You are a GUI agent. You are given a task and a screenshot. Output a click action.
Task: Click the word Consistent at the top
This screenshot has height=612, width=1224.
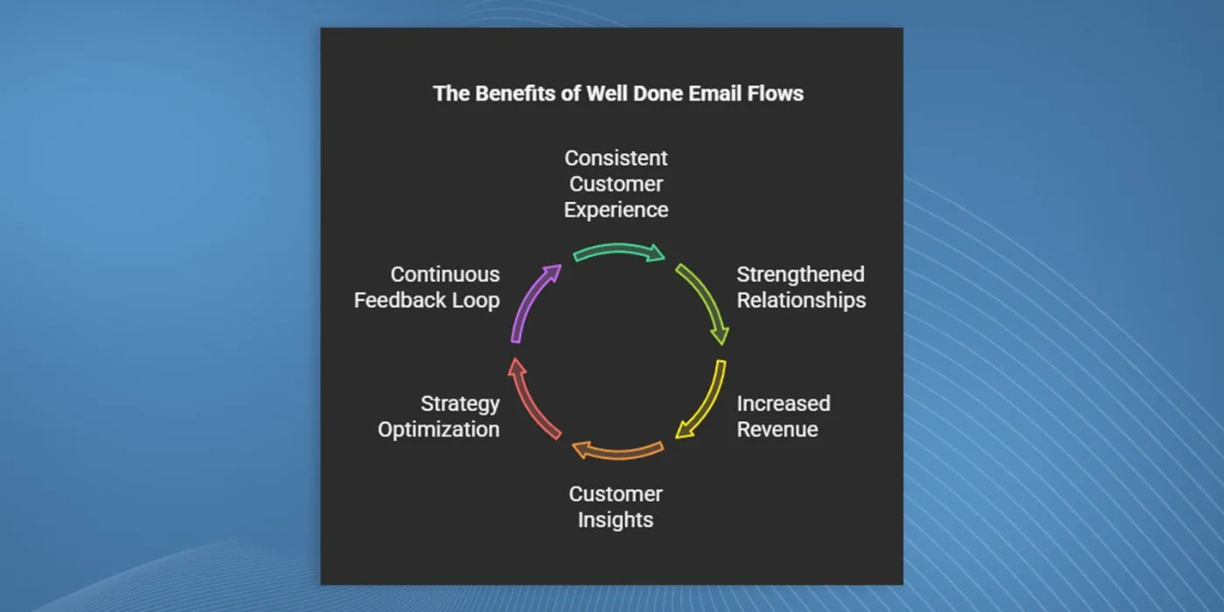click(x=615, y=158)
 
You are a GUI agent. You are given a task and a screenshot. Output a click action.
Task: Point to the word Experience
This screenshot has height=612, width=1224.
click(x=615, y=211)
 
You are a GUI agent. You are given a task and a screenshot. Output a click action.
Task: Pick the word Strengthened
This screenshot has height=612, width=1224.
click(x=801, y=275)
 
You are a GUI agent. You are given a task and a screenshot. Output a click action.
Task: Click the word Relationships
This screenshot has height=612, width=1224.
click(x=801, y=301)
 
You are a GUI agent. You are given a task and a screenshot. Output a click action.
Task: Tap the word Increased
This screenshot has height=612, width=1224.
click(x=783, y=403)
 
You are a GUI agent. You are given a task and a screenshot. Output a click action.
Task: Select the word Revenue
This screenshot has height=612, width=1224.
click(x=777, y=429)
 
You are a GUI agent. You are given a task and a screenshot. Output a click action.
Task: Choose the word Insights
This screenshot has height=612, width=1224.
click(x=615, y=520)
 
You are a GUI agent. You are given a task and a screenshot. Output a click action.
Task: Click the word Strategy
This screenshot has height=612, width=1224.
click(x=460, y=404)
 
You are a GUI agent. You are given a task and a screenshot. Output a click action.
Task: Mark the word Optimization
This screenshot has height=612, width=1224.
click(x=439, y=430)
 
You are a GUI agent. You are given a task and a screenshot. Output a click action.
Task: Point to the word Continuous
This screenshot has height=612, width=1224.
click(x=445, y=275)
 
